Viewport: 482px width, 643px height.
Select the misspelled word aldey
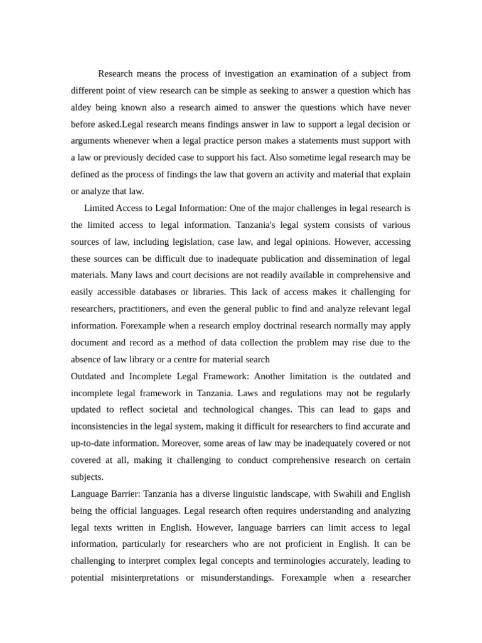tap(82, 107)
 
